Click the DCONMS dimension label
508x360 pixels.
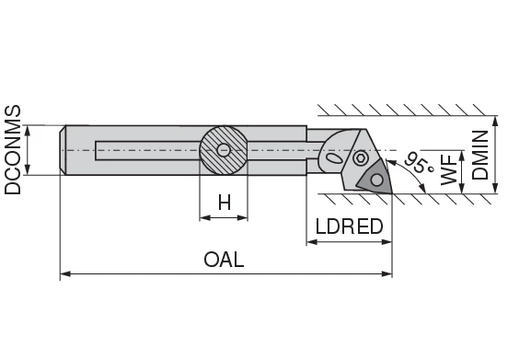coord(12,150)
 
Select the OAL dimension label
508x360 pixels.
coord(224,260)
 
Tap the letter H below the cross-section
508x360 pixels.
coord(225,203)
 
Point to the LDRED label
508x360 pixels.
coord(349,226)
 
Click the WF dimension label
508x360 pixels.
coord(449,169)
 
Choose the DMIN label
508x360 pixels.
coord(479,155)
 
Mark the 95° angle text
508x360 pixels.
coord(418,163)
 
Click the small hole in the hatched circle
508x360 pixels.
coord(224,150)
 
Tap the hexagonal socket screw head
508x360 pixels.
coord(360,158)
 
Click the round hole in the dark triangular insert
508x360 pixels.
coord(376,180)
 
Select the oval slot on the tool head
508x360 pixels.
coord(334,158)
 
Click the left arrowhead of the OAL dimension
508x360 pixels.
coord(65,274)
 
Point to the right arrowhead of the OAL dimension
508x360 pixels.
coord(387,274)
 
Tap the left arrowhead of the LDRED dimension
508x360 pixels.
coord(312,242)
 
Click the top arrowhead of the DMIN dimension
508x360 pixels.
coord(495,122)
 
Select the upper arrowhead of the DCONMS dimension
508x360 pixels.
coord(28,130)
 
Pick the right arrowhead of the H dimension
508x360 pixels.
coord(242,218)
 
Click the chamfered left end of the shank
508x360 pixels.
coord(63,150)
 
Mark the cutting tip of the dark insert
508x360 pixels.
coord(392,193)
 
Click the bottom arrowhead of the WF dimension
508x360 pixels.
coord(462,188)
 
